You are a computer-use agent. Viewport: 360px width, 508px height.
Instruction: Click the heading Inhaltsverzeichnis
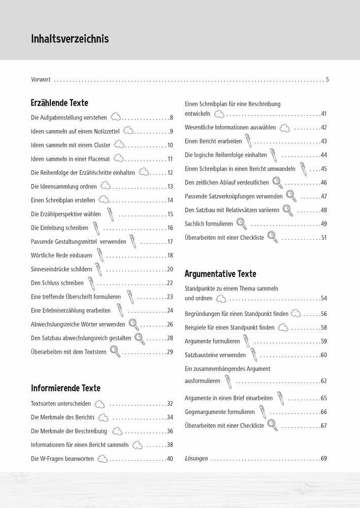(x=70, y=39)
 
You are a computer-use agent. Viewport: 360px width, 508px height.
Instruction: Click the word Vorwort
(x=41, y=80)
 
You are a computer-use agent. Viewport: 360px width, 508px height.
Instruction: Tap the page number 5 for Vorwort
(x=328, y=80)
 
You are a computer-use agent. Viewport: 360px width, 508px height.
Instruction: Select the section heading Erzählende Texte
(x=59, y=103)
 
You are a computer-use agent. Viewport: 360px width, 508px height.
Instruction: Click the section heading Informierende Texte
(x=66, y=388)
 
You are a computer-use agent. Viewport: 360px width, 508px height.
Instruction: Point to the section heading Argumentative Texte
(x=220, y=274)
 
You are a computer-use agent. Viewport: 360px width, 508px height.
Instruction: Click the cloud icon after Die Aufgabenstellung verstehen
(x=116, y=117)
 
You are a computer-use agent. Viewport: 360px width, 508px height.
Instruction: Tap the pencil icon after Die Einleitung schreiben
(x=95, y=227)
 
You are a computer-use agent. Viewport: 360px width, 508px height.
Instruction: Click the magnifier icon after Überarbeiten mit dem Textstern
(x=115, y=351)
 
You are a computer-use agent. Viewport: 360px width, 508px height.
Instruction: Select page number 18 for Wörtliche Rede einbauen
(x=170, y=256)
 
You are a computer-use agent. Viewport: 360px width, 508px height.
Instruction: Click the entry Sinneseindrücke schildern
(x=61, y=269)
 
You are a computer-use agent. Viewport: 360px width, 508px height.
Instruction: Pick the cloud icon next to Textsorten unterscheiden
(x=100, y=404)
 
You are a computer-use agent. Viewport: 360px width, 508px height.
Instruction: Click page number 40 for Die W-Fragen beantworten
(x=170, y=459)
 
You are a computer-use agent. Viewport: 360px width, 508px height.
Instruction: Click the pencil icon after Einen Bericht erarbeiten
(x=248, y=140)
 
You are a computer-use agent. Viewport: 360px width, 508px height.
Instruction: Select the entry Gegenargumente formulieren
(x=220, y=412)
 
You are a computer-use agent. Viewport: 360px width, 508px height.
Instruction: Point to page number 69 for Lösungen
(x=323, y=459)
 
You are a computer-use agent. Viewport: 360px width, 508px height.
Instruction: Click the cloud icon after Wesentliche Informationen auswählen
(x=285, y=127)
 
